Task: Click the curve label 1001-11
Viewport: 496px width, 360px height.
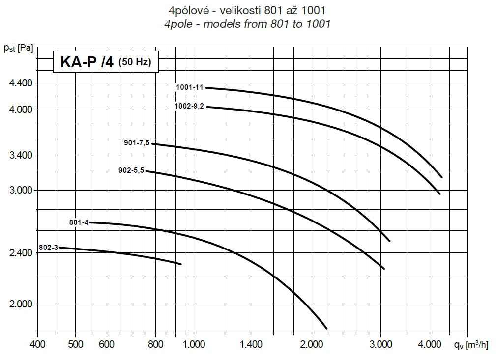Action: (x=190, y=87)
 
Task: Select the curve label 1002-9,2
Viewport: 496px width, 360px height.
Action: (x=189, y=106)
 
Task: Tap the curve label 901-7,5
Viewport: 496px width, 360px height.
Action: (x=137, y=143)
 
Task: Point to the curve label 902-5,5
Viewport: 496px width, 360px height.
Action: (x=131, y=171)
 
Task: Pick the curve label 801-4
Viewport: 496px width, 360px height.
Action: (x=79, y=222)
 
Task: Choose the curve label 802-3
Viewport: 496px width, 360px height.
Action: (x=48, y=248)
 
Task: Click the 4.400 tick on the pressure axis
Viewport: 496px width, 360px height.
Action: (x=21, y=83)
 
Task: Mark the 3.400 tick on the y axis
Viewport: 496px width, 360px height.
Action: (x=21, y=155)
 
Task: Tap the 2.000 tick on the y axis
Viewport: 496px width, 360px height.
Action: (x=21, y=304)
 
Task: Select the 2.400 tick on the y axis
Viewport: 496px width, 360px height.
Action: (x=21, y=253)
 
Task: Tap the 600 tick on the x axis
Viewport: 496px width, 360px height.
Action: (x=106, y=344)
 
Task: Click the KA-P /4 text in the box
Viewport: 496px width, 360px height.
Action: (x=87, y=62)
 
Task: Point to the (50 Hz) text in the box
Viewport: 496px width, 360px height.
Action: (x=135, y=63)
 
